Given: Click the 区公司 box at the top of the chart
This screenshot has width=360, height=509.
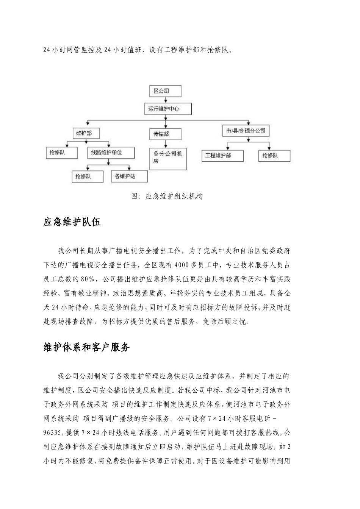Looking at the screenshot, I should tap(165, 91).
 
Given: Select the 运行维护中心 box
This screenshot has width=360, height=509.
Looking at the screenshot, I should tap(167, 109).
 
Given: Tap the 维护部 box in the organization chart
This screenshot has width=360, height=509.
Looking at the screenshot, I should tap(87, 133).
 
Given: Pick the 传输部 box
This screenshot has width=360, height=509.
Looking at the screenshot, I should tap(166, 134).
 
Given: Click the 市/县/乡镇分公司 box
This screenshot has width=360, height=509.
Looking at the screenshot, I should tap(245, 131).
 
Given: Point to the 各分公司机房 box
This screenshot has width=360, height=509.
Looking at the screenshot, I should tap(168, 158).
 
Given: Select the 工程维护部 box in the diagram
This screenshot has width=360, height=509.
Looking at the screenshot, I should tap(222, 156).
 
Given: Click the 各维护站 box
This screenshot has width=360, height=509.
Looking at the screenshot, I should tap(129, 176).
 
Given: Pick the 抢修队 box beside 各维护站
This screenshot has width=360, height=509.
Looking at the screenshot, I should tap(88, 176).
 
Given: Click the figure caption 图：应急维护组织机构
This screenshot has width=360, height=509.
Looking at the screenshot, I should tap(167, 196).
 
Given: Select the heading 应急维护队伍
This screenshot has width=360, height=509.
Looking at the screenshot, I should tap(72, 222).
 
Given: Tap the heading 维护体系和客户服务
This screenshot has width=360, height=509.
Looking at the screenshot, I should tap(87, 347).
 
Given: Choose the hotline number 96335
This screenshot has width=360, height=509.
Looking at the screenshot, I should tap(54, 433).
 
